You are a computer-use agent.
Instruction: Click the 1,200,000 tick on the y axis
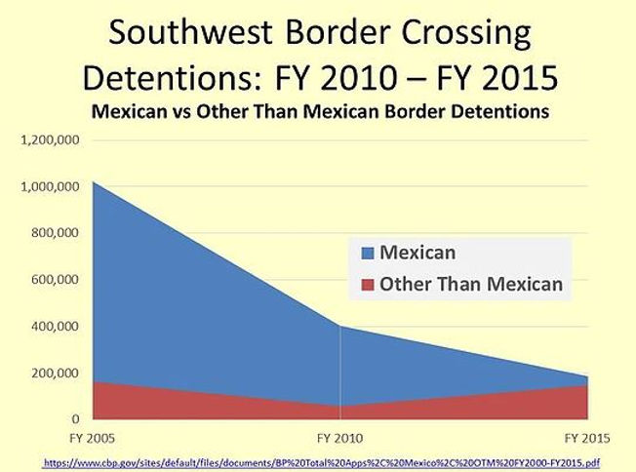coord(51,139)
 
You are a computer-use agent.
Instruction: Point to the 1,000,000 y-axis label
coord(51,186)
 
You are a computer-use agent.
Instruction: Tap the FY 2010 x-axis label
coord(340,439)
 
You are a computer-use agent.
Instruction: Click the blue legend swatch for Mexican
coord(368,254)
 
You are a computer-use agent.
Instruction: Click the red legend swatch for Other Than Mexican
coord(368,285)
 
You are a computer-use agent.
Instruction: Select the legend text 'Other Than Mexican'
coord(471,285)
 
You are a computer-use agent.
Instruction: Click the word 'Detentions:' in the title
coord(179,78)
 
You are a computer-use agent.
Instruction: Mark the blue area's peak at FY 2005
coord(93,182)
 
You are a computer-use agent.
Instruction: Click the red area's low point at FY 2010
coord(340,406)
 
